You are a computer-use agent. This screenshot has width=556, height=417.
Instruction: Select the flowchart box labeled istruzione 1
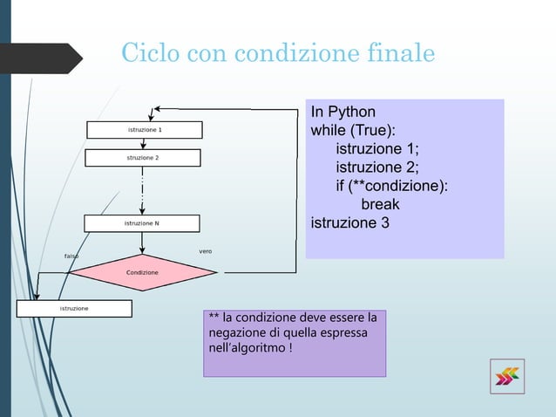(145, 130)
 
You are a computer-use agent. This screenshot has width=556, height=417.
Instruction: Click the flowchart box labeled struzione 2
(143, 158)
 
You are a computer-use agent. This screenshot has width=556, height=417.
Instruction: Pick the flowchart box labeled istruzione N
(143, 223)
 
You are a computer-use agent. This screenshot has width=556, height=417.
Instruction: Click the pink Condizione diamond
(143, 272)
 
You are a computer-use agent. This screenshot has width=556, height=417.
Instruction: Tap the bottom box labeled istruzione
(75, 309)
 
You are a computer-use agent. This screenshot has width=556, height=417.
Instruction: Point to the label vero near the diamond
(206, 251)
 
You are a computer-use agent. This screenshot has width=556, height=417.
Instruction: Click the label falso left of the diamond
(72, 256)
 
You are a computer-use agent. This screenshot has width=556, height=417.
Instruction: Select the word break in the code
(380, 205)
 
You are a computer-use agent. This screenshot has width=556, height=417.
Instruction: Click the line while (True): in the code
(353, 130)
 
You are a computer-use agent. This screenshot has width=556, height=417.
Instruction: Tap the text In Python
(343, 112)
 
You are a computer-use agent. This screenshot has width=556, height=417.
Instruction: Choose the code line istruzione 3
(350, 223)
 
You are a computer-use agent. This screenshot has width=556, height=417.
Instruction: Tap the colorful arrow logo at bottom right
(506, 376)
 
